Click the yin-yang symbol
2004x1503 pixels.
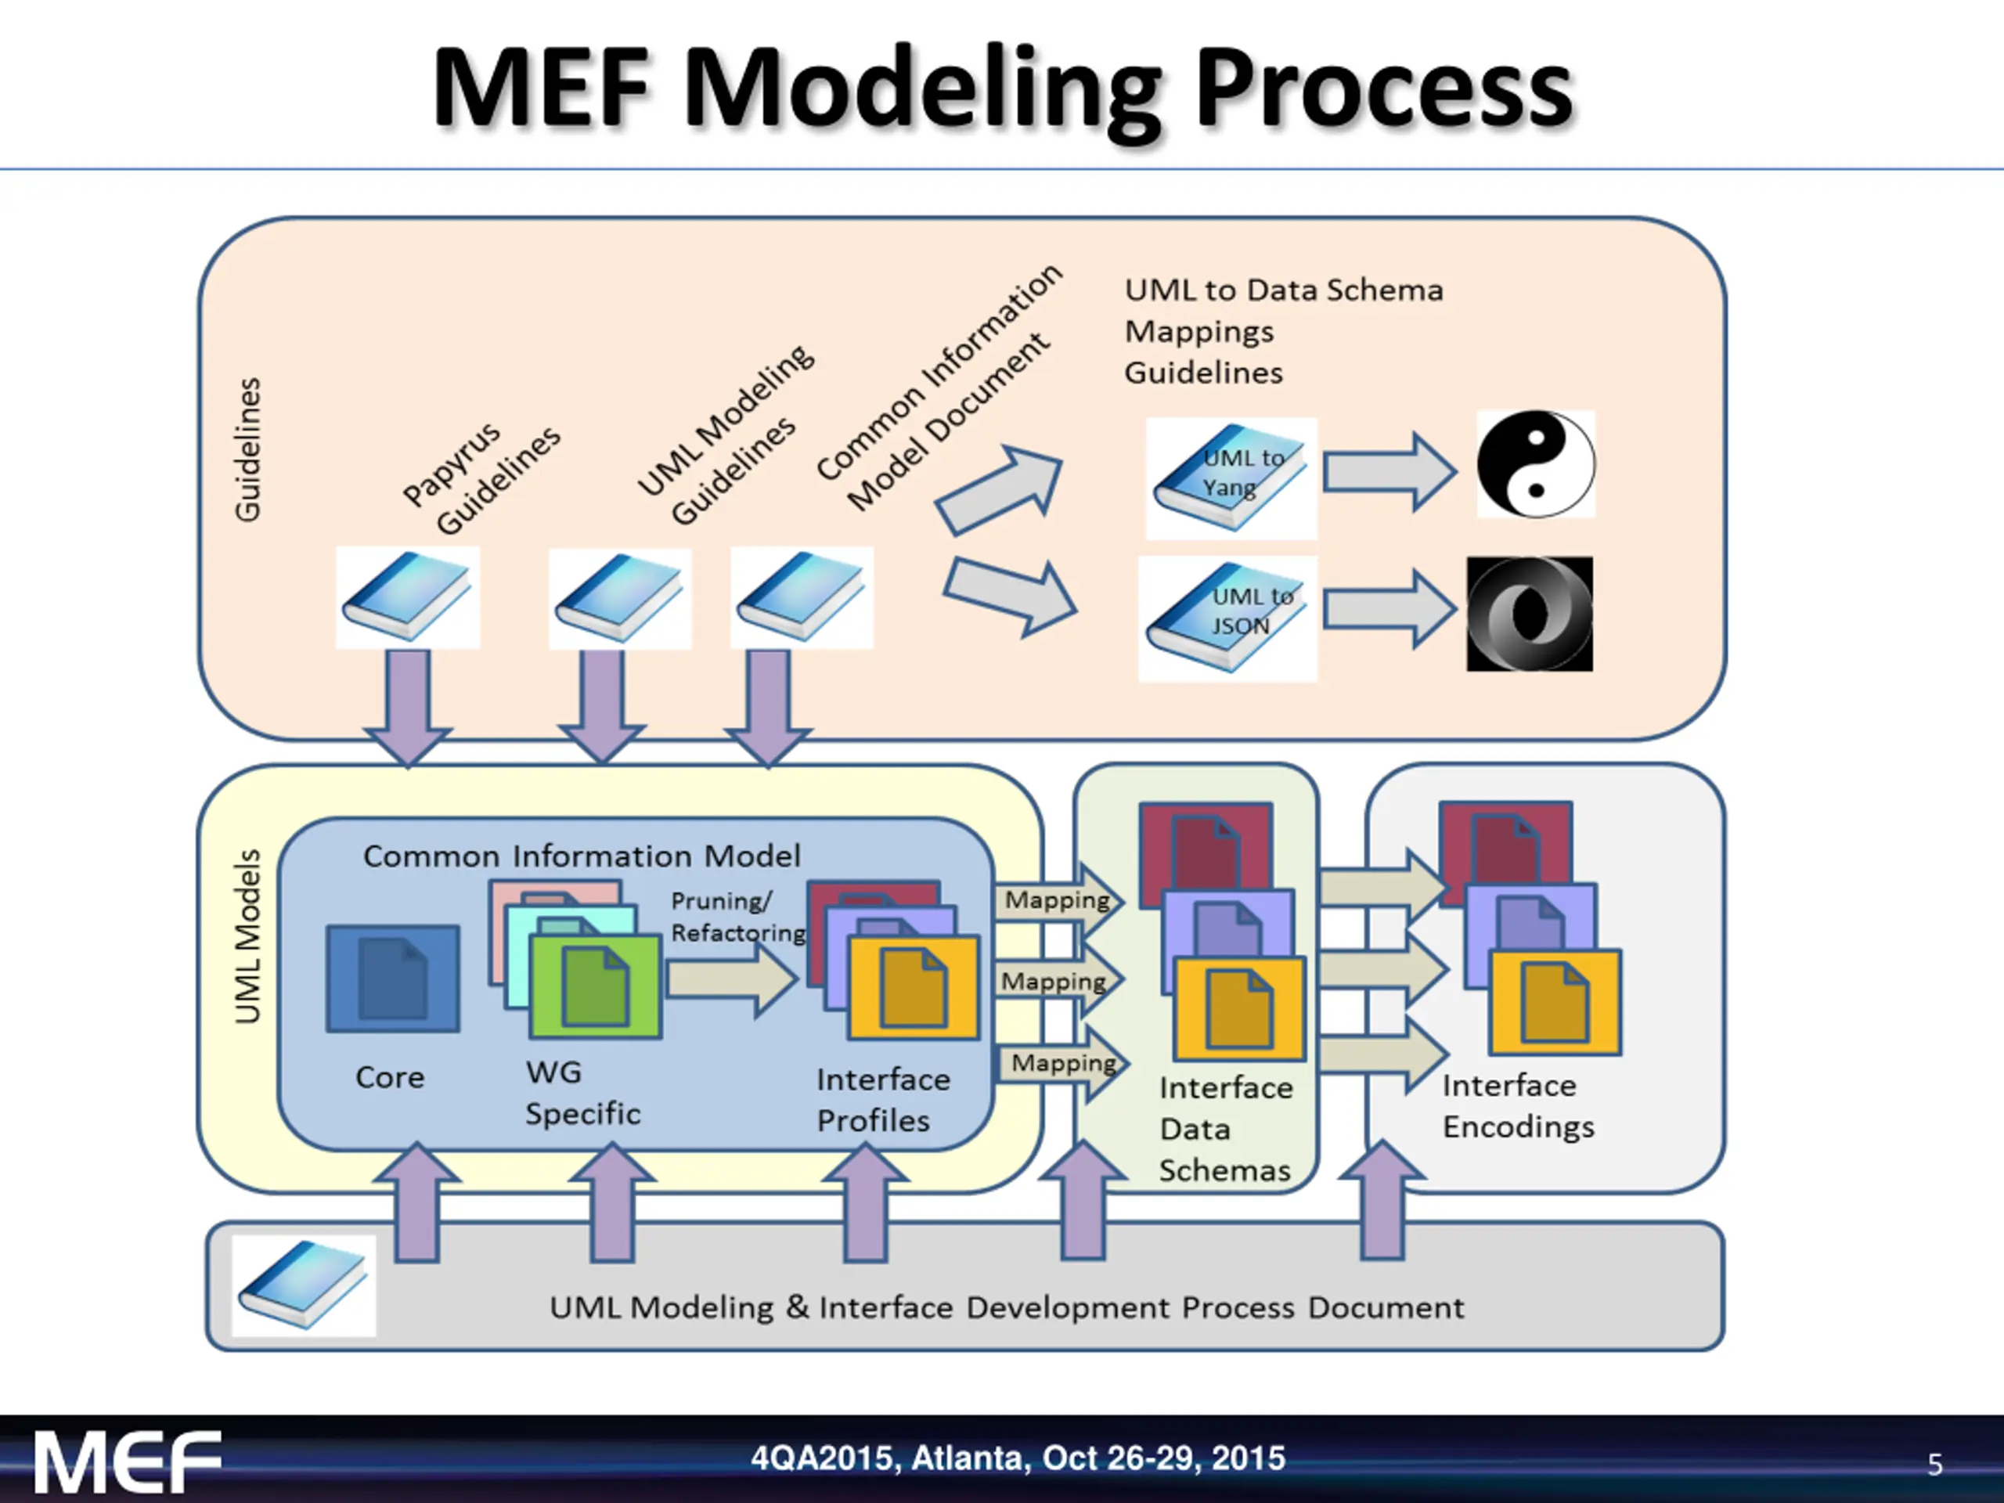point(1536,464)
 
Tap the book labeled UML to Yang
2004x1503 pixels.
point(1231,478)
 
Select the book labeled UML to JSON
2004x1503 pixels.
point(1227,618)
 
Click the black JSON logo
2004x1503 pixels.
point(1530,615)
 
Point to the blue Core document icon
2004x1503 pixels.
point(392,979)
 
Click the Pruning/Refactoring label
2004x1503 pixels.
point(737,917)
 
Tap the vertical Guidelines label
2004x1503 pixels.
point(247,449)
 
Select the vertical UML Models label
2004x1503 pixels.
point(247,937)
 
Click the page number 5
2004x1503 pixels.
point(1934,1465)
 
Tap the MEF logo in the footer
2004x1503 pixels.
point(128,1462)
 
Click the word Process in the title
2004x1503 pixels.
point(1383,88)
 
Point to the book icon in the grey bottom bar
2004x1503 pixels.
point(304,1285)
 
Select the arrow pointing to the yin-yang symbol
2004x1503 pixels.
point(1389,472)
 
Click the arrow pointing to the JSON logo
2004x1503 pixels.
point(1389,609)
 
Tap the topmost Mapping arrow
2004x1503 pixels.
point(1058,900)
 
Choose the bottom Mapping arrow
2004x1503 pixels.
point(1061,1063)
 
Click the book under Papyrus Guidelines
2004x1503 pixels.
point(407,597)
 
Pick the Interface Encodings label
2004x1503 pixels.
point(1518,1105)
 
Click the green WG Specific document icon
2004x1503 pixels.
point(595,986)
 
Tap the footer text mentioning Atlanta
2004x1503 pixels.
point(1018,1458)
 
